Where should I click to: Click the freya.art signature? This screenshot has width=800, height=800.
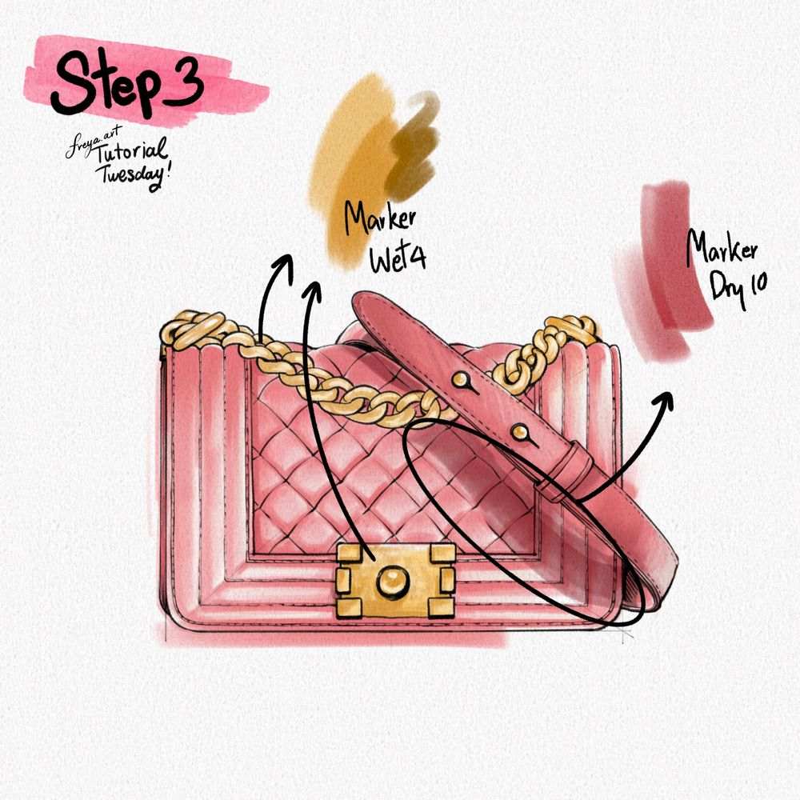pos(92,142)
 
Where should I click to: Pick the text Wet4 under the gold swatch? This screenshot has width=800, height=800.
pos(398,257)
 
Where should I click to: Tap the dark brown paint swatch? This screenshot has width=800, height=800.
pos(412,149)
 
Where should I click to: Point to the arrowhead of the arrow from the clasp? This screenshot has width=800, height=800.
pos(312,292)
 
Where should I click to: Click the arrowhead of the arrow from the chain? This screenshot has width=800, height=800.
pos(284,266)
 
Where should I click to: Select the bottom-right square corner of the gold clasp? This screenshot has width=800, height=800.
pos(442,608)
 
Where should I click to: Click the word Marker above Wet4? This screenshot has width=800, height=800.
pos(379,218)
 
